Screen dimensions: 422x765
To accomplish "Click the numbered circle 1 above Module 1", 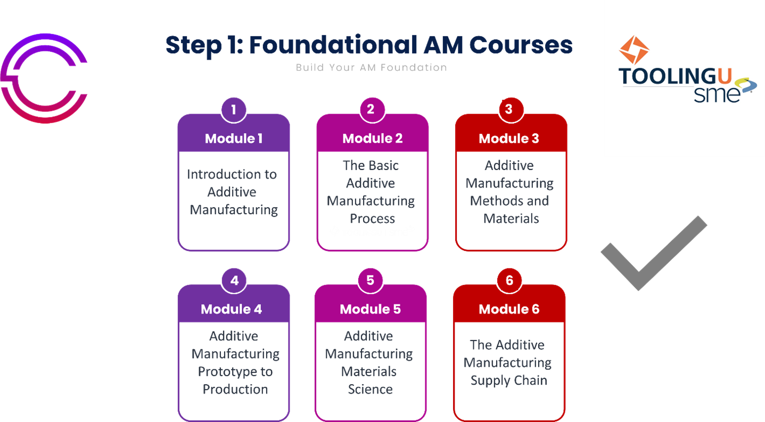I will point(234,110).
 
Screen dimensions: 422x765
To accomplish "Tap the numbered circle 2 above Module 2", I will point(371,109).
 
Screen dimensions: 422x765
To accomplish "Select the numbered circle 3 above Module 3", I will point(509,109).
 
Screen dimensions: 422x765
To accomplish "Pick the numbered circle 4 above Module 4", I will point(234,281).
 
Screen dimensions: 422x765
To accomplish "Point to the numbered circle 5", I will point(371,281).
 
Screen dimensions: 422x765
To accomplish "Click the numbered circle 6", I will point(509,281).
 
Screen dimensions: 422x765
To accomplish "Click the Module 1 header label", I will point(234,139).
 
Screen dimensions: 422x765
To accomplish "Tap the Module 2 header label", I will point(372,139).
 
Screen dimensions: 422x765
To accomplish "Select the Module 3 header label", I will point(509,139).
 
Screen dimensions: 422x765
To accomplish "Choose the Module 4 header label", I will point(232,309).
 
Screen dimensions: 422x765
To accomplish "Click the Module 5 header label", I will point(370,309).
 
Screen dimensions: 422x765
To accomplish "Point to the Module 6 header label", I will point(509,309).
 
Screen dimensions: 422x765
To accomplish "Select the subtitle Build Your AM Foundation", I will point(371,68).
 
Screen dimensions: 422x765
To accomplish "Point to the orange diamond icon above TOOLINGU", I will point(634,51).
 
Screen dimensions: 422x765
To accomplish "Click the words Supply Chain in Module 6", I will point(509,380).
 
